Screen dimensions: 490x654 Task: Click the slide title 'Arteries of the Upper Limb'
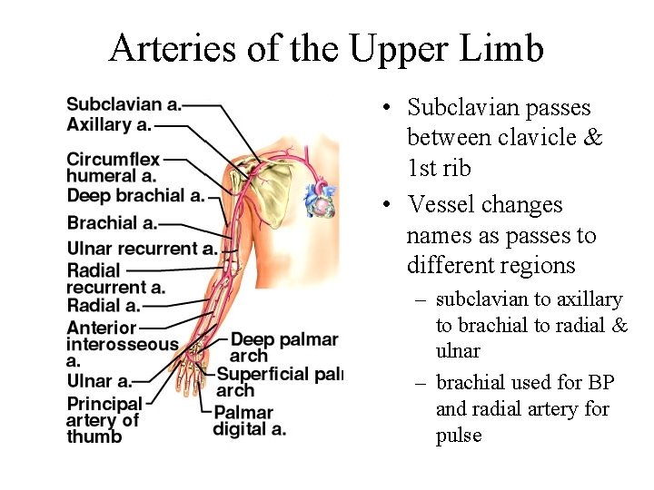tap(326, 48)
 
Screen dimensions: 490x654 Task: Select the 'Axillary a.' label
tap(108, 124)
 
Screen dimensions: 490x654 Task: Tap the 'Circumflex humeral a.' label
tap(112, 168)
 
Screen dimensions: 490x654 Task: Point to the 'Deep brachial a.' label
tap(135, 195)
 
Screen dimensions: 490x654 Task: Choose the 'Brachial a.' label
tap(112, 222)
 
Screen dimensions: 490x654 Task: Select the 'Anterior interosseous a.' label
tap(122, 344)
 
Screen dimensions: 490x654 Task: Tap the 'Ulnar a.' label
tap(99, 381)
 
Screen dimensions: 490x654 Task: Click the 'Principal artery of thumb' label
tap(104, 419)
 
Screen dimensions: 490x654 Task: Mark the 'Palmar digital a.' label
tap(250, 421)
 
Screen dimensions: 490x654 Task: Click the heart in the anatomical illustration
tap(321, 199)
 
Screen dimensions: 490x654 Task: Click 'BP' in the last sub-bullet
tap(600, 382)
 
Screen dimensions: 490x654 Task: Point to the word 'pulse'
tap(459, 435)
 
